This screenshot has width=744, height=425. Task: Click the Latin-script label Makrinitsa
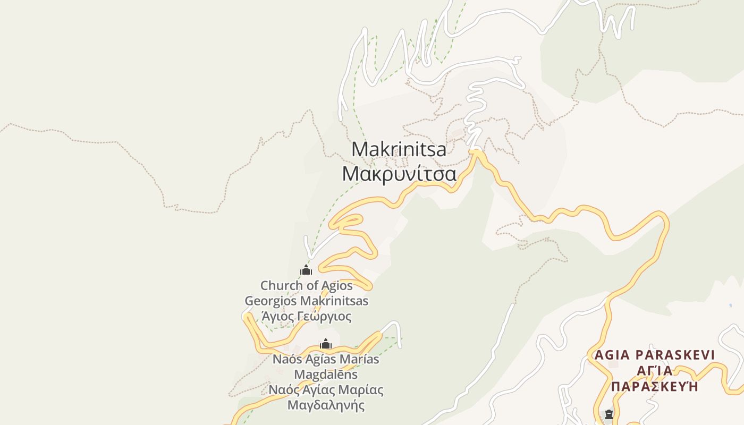click(399, 150)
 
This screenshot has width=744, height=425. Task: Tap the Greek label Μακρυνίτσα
click(399, 174)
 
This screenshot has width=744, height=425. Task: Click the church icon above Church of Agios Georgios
click(306, 270)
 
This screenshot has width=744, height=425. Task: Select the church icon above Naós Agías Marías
click(326, 344)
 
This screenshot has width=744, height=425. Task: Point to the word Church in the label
click(281, 286)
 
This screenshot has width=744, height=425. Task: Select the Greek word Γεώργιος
click(324, 317)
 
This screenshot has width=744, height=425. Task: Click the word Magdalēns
click(326, 375)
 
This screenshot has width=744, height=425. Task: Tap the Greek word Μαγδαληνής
click(326, 405)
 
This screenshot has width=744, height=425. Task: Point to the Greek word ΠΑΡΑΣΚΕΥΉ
click(654, 386)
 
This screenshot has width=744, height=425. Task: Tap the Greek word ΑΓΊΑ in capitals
click(654, 370)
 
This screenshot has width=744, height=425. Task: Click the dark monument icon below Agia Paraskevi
click(609, 414)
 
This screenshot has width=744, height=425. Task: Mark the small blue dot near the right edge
click(731, 305)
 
